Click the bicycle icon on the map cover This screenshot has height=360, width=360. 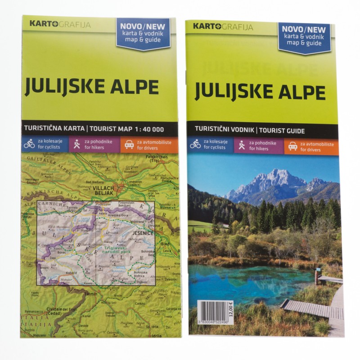pyautogui.click(x=30, y=144)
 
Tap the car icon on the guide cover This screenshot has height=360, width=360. pyautogui.click(x=292, y=146)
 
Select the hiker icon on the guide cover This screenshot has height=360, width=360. pyautogui.click(x=242, y=145)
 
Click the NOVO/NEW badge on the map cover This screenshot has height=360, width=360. pyautogui.click(x=143, y=33)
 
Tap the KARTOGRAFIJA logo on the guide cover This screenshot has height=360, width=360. pyautogui.click(x=223, y=27)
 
